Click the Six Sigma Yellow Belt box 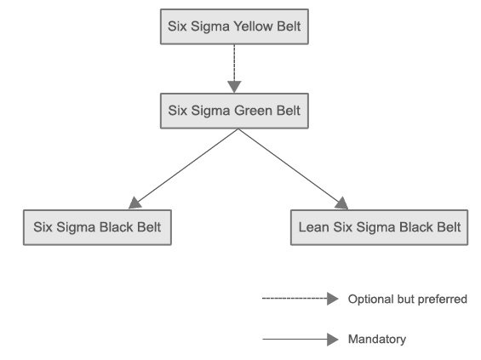235,26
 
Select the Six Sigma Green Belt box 234,111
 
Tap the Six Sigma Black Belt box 94,227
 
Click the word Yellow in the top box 252,26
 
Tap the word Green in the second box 252,111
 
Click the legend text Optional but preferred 408,299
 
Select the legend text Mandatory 377,339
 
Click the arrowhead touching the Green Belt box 235,86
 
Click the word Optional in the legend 369,299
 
